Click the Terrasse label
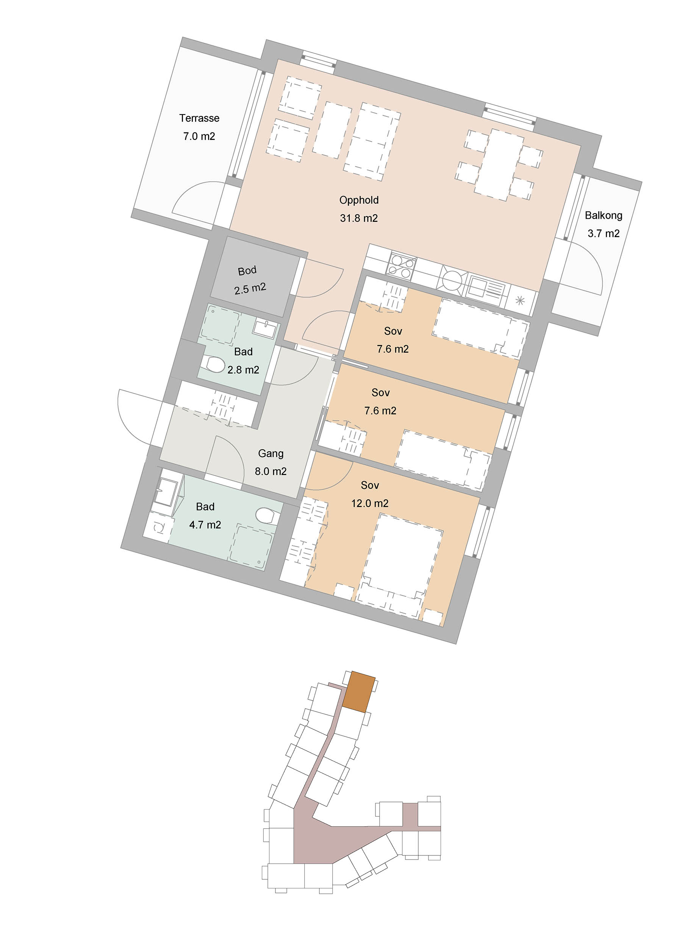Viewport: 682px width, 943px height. (x=199, y=118)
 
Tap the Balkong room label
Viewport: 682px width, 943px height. (x=603, y=215)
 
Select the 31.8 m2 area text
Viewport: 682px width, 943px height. (x=359, y=218)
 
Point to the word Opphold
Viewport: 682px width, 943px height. (x=359, y=200)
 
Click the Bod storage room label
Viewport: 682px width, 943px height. (x=247, y=271)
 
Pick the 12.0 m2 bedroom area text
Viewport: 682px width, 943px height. (x=369, y=504)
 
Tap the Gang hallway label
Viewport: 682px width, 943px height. (x=271, y=453)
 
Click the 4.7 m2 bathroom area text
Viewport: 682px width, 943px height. (x=205, y=525)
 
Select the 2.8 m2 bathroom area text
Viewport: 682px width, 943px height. (x=243, y=370)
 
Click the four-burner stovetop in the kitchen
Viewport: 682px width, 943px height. (x=401, y=267)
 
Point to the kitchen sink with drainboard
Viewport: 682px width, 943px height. (x=486, y=287)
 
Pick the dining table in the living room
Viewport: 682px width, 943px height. (x=498, y=165)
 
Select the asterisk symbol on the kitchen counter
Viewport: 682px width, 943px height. (x=519, y=300)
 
